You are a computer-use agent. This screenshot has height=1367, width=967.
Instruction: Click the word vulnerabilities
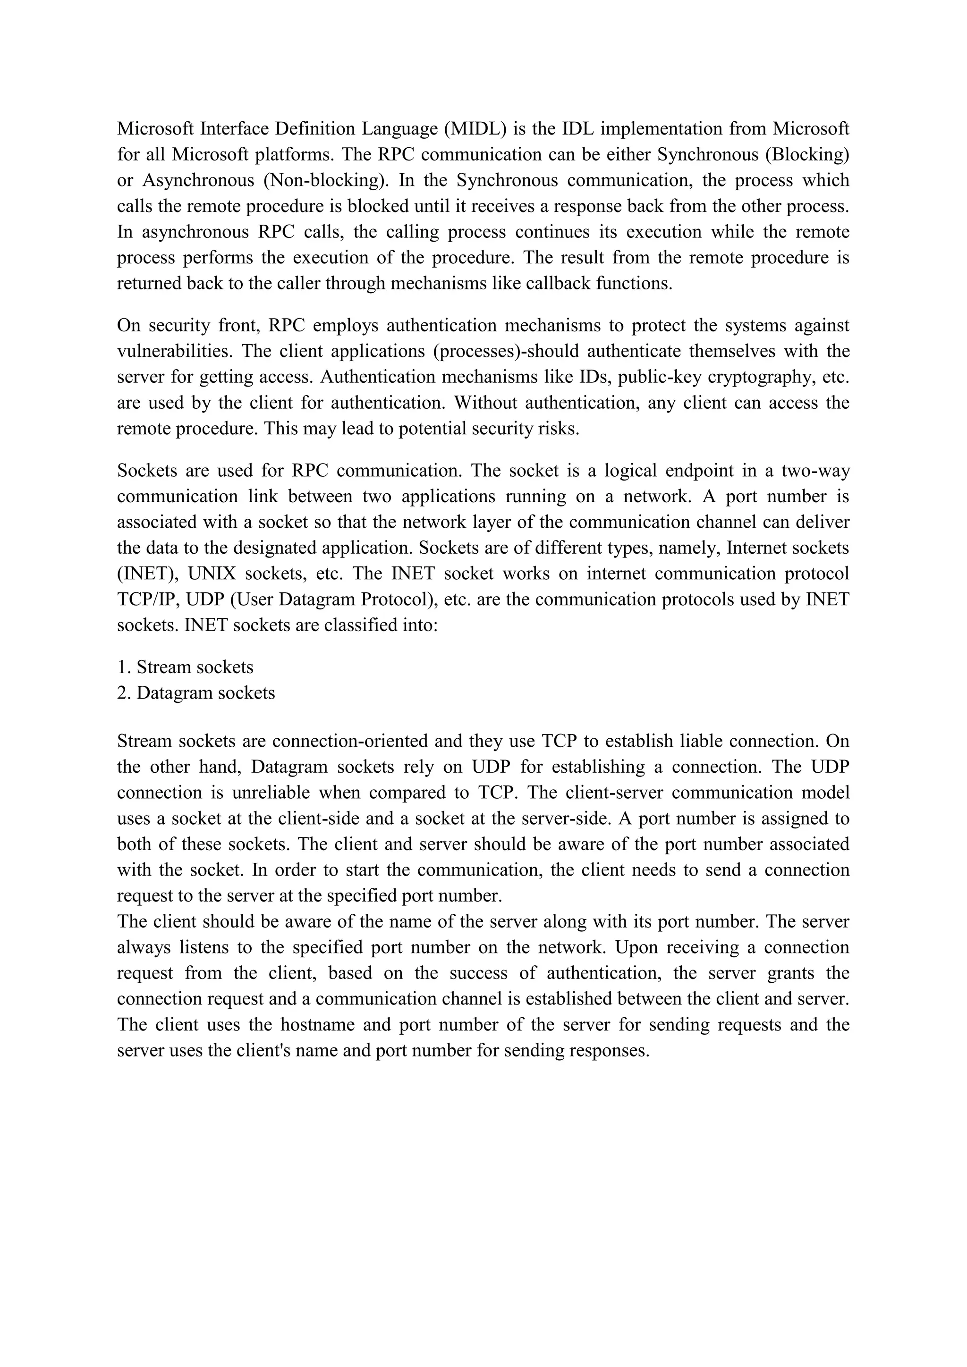174,351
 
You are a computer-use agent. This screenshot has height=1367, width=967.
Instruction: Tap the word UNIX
212,574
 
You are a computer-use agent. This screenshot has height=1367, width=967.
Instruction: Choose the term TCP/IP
146,599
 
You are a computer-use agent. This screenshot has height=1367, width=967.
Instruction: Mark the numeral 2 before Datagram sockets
122,693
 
